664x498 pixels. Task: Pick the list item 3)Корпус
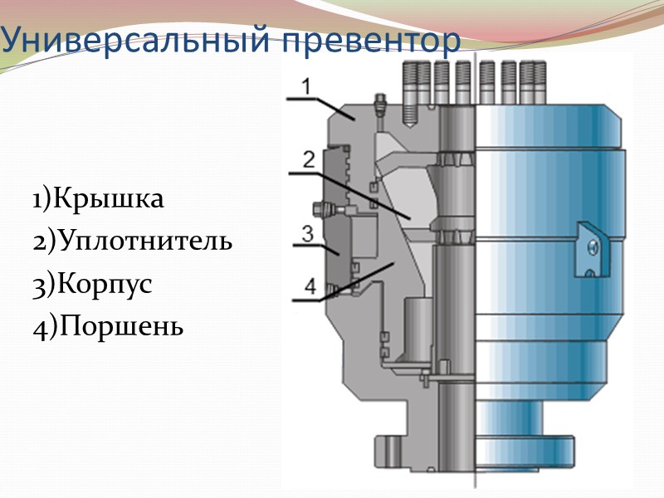pos(93,284)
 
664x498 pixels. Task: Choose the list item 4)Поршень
pos(108,326)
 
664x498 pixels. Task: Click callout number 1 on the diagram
pos(305,85)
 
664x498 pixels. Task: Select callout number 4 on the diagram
pos(310,286)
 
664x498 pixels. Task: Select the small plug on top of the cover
pos(380,105)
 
